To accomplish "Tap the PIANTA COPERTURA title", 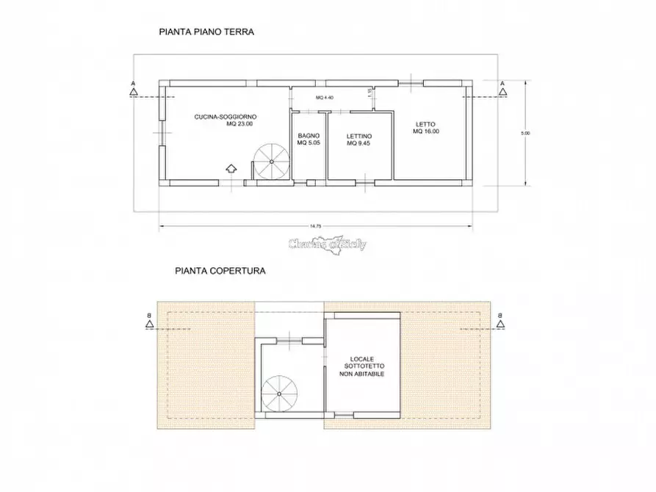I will (x=220, y=270).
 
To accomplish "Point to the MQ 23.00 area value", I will (x=239, y=124).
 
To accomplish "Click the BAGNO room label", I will (x=308, y=136).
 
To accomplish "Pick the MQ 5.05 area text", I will (x=308, y=143).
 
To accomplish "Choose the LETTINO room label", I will (x=359, y=137).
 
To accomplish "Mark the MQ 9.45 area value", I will (x=359, y=144).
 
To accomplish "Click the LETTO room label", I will (x=426, y=123).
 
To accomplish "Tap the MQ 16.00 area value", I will (x=426, y=131).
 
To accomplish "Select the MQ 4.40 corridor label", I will (x=325, y=98).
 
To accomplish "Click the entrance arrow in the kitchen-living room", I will (x=231, y=169).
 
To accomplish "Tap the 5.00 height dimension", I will (x=525, y=133).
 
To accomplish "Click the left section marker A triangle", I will (x=133, y=92).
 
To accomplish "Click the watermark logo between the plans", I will (x=327, y=245).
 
